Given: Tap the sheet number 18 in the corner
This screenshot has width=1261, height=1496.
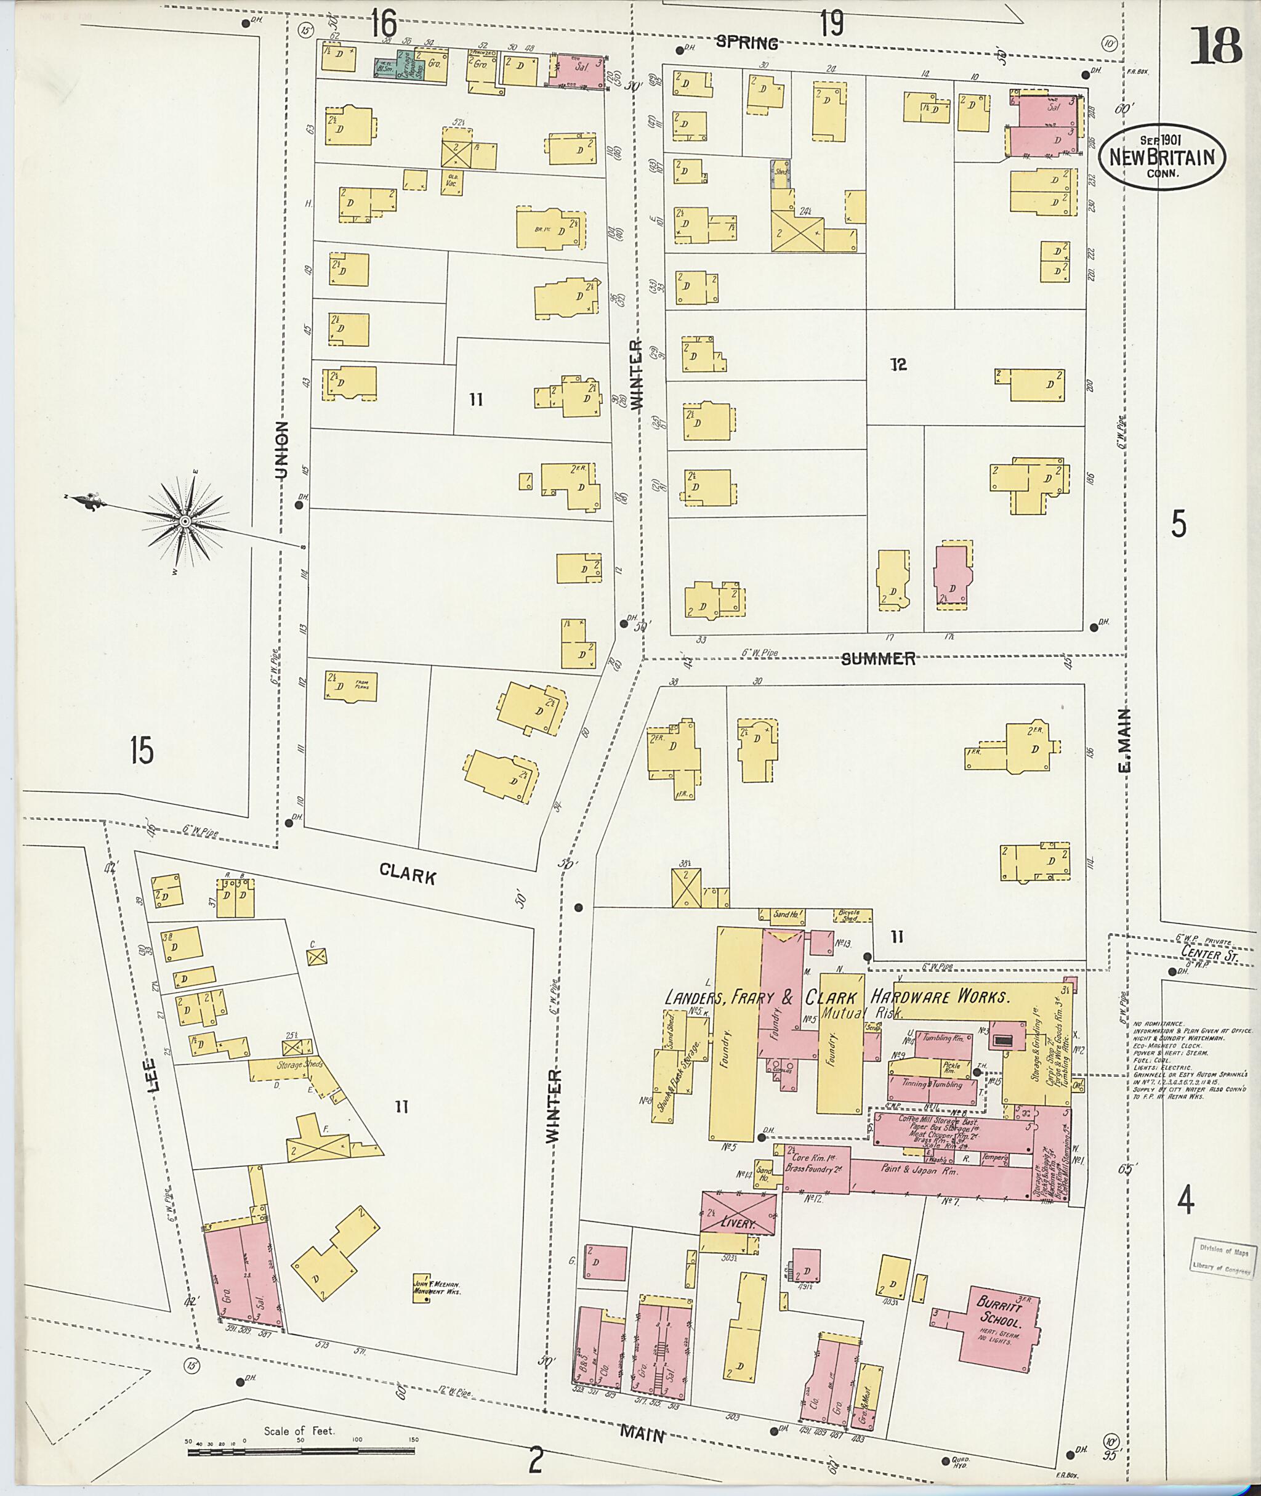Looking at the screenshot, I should click(1215, 47).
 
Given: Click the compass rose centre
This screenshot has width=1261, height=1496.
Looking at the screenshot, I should click(185, 522).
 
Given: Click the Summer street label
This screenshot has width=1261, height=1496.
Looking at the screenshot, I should click(878, 658).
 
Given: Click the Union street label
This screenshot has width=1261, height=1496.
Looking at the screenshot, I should click(281, 450).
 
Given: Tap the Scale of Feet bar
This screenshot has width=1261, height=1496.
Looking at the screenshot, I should click(300, 1446).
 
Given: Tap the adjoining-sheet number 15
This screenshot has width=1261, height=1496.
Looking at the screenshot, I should click(142, 751).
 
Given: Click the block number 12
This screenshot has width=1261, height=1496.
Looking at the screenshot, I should click(898, 365).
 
